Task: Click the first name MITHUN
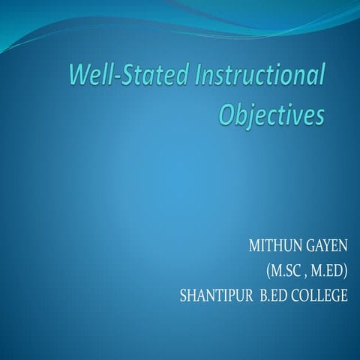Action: coord(278,245)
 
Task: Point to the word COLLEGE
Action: coord(323,295)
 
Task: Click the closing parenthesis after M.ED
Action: coord(346,271)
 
